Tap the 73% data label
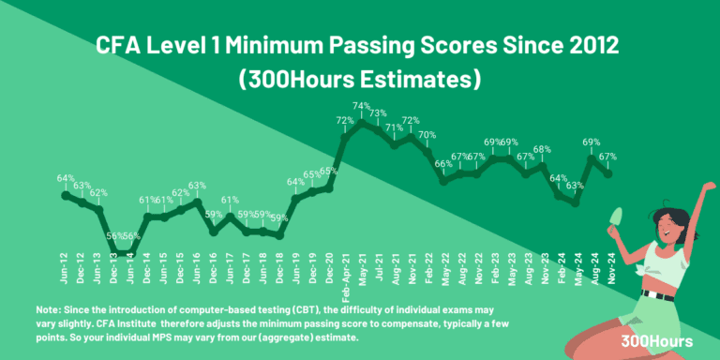coord(379,113)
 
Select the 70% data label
coord(427,135)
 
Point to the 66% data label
coord(443,165)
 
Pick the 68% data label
coord(542,150)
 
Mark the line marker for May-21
coord(362,122)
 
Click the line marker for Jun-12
coord(66,195)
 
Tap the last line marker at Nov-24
coord(608,173)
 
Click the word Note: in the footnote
coord(49,308)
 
